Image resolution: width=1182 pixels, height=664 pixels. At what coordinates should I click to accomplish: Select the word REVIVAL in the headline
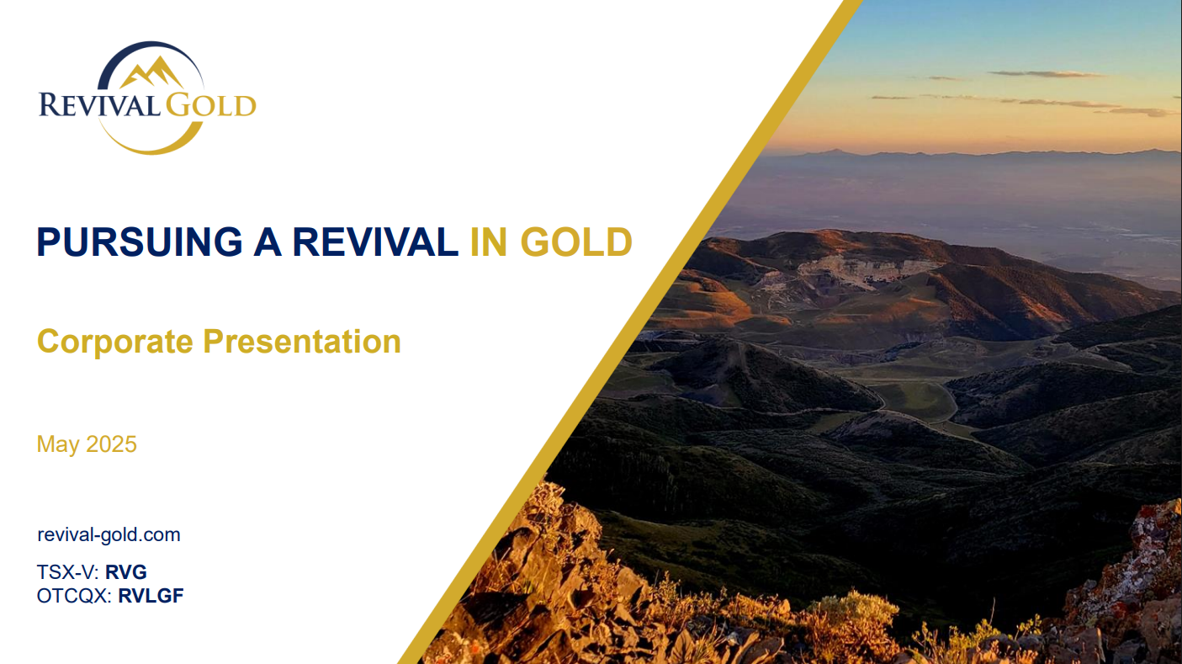point(375,242)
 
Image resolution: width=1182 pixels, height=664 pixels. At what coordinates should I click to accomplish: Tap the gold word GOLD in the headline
point(576,242)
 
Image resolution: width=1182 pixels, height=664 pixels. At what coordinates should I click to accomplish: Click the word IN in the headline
point(489,242)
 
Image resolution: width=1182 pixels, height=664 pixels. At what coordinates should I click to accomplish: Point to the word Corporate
point(115,342)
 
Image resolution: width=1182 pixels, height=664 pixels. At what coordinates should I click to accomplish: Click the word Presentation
point(302,342)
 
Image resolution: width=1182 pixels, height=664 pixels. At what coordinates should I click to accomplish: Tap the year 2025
point(111,444)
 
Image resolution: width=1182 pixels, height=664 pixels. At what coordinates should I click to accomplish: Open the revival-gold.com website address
point(109,534)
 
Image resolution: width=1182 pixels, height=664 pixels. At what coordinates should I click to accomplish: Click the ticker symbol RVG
point(126,571)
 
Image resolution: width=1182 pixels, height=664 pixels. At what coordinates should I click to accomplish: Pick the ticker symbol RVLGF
point(151,595)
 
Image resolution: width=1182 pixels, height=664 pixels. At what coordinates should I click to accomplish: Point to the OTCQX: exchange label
point(74,596)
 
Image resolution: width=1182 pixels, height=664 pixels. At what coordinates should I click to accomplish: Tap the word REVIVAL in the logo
point(99,104)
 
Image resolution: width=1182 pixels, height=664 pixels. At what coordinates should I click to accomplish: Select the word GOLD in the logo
point(211,104)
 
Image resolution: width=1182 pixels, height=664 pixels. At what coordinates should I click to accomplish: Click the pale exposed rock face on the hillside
point(866,271)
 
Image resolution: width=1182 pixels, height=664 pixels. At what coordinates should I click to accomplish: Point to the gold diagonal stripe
point(631,332)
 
